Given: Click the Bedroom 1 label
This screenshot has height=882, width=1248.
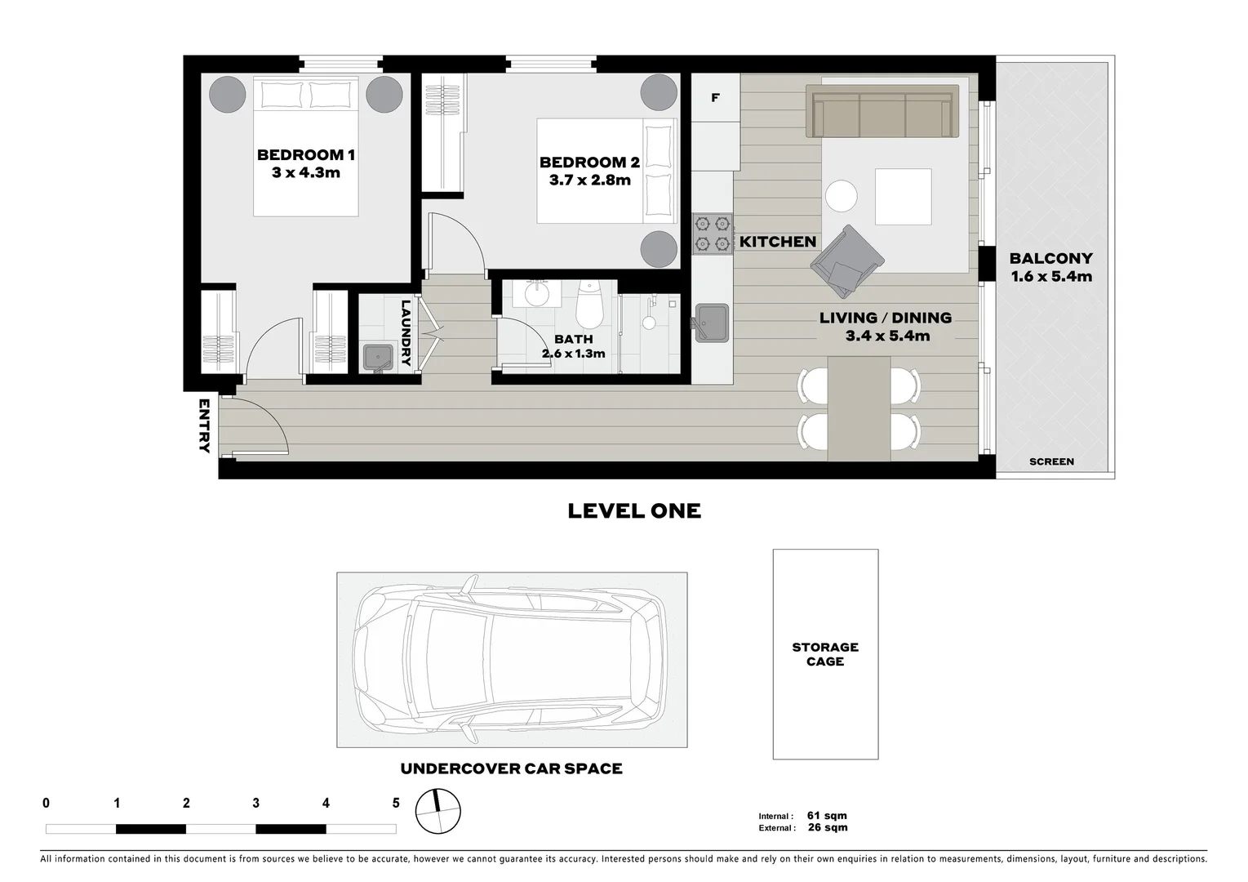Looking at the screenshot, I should pos(305,155).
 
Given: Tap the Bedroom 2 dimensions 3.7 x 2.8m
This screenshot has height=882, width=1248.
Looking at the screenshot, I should pos(589,180).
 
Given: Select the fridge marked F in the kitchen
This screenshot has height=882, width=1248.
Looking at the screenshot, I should pos(715,98).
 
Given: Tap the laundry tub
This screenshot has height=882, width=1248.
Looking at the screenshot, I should pos(378,356).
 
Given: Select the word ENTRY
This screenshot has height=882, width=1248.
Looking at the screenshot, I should pos(203,425).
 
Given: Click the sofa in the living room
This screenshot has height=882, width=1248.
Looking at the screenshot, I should pos(882,112).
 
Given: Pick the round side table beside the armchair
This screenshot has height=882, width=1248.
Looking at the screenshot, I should pos(841,197).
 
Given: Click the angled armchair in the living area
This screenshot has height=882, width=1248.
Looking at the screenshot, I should pos(846,261).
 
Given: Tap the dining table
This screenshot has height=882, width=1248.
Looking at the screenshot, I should pos(859,408).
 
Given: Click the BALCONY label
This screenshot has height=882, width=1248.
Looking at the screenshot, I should pos(1050,259).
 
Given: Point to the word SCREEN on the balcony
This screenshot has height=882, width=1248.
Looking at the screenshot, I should pos(1051,461).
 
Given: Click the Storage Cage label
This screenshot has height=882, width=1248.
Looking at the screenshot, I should pos(825,654).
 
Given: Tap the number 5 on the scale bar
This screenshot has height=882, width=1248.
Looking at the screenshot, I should pos(396,804).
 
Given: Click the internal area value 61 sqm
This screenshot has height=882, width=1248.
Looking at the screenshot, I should pos(827,815).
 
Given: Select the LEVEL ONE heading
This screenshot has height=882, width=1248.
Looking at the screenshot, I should pos(634,511).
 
